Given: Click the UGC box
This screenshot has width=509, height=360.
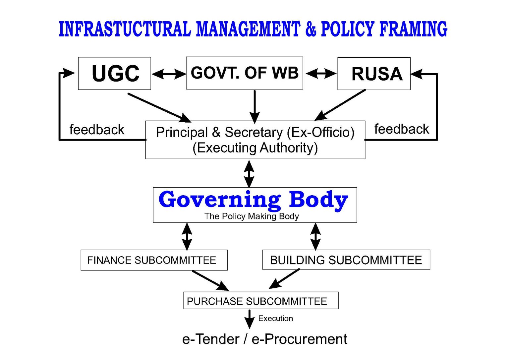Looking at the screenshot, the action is (115, 73).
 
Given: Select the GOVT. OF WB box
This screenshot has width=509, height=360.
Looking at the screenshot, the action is (245, 73).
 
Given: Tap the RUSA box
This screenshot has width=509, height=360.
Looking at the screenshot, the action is (374, 74).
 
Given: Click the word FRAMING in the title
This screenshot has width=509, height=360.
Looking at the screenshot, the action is (413, 29).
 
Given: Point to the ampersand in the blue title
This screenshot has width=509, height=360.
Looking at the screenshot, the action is (311, 29).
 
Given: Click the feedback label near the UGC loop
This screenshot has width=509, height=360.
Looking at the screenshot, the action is (97, 130).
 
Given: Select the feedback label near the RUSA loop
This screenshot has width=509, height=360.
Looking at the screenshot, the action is (402, 129).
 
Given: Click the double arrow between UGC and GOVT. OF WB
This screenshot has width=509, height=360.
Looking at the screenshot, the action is (169, 74).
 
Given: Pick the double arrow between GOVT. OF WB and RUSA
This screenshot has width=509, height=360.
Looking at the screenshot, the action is (321, 73).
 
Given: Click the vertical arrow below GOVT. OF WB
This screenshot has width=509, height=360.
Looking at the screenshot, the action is (255, 107).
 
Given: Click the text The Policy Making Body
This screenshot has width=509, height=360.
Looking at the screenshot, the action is (252, 216).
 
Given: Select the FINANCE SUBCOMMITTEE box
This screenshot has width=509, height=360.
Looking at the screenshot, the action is (154, 260).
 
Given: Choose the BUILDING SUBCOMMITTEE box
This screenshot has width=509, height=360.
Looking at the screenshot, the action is (346, 260).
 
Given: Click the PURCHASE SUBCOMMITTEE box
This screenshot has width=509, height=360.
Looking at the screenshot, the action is (261, 300).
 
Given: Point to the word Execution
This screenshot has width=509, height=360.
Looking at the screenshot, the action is (276, 319).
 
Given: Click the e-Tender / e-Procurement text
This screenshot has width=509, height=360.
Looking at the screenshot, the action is (265, 339).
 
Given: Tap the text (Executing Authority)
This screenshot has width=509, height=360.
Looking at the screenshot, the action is (255, 148).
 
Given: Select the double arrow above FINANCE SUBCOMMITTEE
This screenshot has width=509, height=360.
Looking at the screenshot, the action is (187, 236).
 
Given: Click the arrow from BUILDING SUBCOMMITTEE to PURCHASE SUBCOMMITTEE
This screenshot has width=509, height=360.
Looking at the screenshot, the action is (284, 279).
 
